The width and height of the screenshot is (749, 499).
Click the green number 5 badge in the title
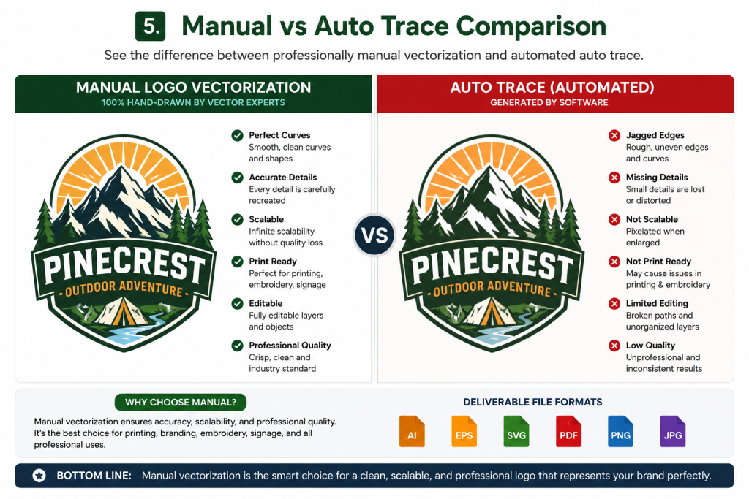pyautogui.click(x=151, y=26)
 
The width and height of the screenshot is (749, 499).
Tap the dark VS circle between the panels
pyautogui.click(x=374, y=235)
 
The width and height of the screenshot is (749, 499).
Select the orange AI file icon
pyautogui.click(x=412, y=431)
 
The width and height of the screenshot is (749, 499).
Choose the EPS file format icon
pyautogui.click(x=464, y=431)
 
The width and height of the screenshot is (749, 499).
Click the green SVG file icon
pyautogui.click(x=516, y=431)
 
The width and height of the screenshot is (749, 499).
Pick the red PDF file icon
pyautogui.click(x=568, y=431)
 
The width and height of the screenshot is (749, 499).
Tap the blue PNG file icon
pyautogui.click(x=620, y=431)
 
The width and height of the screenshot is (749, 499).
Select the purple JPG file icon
pyautogui.click(x=673, y=431)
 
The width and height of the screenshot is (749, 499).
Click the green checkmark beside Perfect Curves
pyautogui.click(x=238, y=135)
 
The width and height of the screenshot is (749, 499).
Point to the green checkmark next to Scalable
pyautogui.click(x=238, y=219)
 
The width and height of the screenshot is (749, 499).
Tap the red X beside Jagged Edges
pyautogui.click(x=614, y=135)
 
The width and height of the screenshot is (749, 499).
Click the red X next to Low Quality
pyautogui.click(x=614, y=346)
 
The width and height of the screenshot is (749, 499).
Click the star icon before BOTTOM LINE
pyautogui.click(x=39, y=475)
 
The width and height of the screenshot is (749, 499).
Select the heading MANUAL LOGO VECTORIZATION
pyautogui.click(x=193, y=87)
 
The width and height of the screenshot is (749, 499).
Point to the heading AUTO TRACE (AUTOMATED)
pyautogui.click(x=552, y=87)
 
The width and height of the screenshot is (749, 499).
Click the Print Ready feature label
pyautogui.click(x=273, y=262)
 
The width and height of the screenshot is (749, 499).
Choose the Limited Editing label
pyautogui.click(x=658, y=303)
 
